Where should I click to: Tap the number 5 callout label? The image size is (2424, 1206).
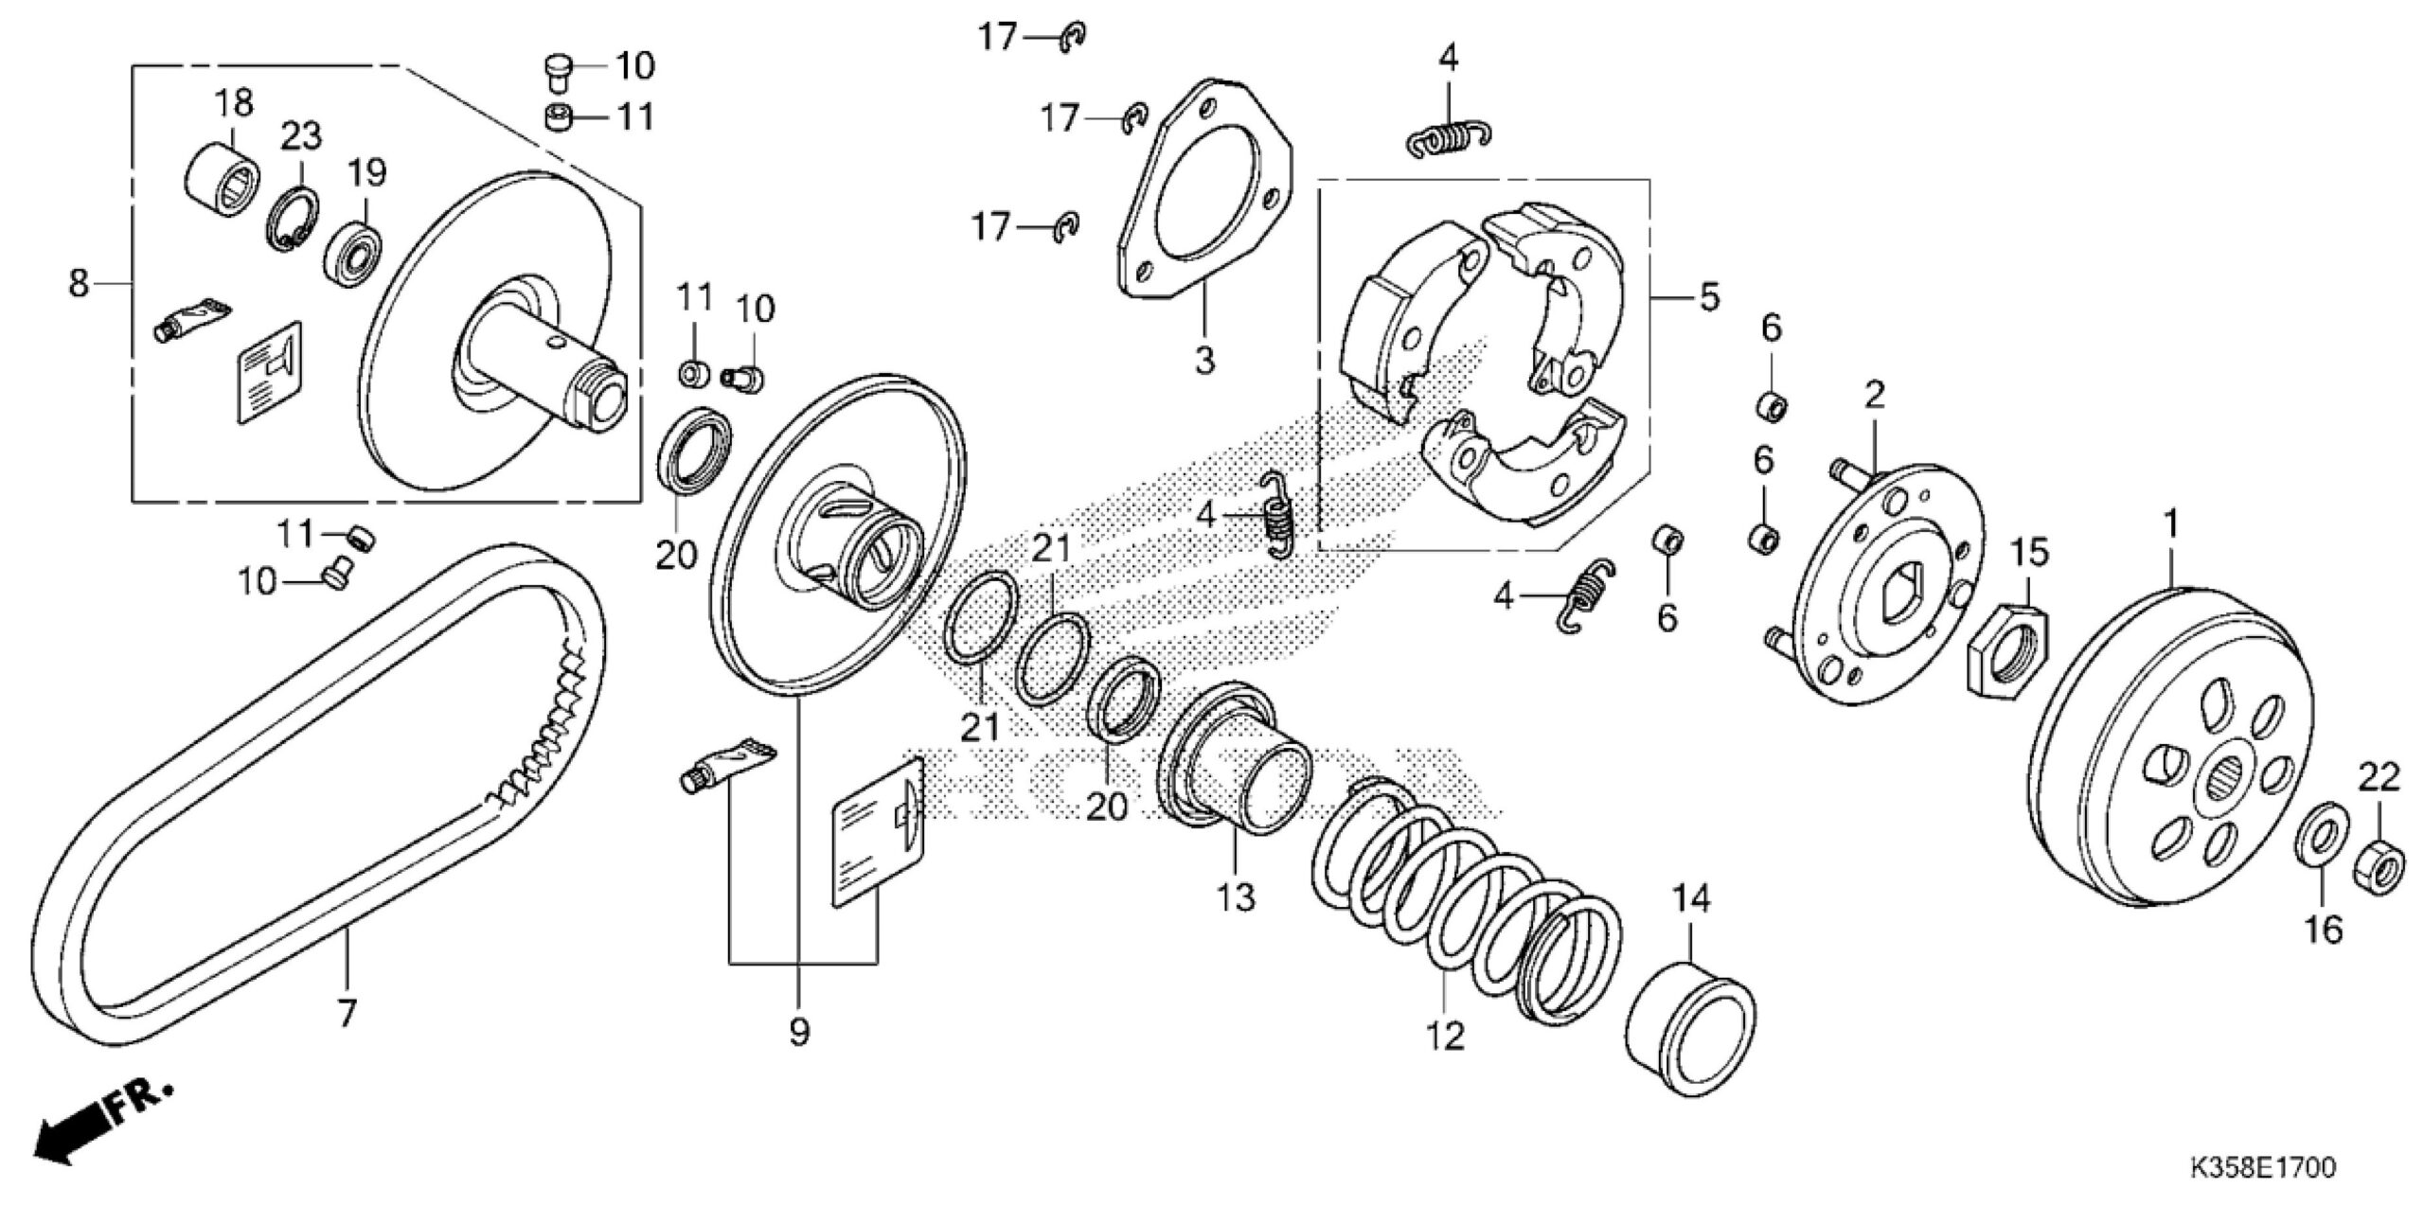tap(1708, 298)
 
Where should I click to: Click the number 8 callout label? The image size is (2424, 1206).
tap(79, 282)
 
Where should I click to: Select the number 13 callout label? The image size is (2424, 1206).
tap(1236, 897)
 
